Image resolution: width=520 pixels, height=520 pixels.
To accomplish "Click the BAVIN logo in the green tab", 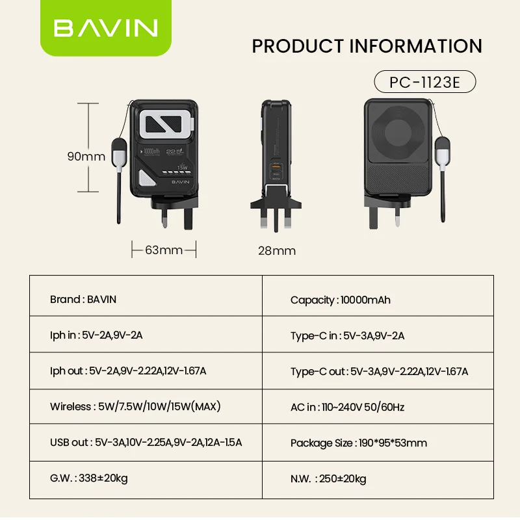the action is pos(105,28).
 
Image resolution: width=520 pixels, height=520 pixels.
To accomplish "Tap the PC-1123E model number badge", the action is pos(425,82).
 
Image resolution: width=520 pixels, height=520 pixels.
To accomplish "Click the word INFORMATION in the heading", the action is pos(416,46).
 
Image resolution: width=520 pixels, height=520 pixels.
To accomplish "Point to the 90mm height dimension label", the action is pos(86,156).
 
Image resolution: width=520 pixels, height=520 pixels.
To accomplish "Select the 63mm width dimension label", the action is pos(164,250).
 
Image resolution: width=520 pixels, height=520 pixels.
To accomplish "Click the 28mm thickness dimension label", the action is pos(277,251).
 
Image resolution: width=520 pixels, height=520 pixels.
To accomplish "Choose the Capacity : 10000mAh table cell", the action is pos(378,296).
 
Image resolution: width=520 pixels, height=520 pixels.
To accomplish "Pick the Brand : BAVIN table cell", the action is pos(146,296).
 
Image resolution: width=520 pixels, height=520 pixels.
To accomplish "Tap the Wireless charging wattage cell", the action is pos(146,406).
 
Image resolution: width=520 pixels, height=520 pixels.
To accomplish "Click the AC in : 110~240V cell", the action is pos(378,406).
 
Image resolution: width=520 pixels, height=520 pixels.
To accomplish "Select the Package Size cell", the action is pos(378,443).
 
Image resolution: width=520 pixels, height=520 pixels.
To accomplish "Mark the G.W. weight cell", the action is pos(146,480).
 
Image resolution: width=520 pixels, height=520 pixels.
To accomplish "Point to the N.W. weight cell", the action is pos(378,480).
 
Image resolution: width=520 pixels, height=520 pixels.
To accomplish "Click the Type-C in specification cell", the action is pos(378,334).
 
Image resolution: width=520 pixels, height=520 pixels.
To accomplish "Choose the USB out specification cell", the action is pos(146,443).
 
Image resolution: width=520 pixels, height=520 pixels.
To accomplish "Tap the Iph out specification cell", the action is pos(146,370).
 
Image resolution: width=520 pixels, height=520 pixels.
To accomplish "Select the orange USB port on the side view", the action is pos(276,165).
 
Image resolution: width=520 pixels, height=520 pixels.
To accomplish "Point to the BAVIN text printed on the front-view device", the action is pos(181,182).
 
